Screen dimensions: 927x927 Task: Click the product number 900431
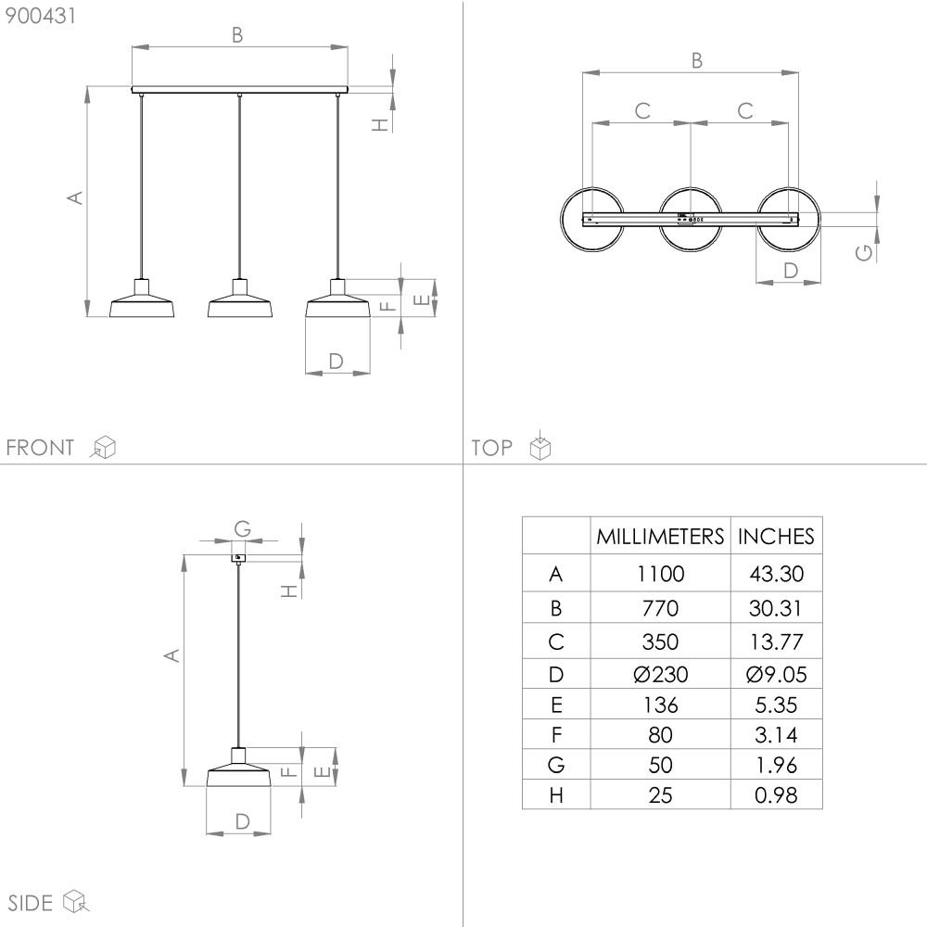point(40,16)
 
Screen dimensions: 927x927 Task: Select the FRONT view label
point(40,448)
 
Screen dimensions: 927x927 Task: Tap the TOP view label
point(491,448)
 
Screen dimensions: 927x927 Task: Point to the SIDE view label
point(31,903)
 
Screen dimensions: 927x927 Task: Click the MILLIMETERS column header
point(660,536)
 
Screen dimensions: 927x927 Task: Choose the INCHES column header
point(776,536)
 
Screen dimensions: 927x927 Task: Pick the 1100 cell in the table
point(660,574)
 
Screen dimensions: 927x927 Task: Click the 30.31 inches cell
point(776,608)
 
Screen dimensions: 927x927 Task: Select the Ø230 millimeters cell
point(660,674)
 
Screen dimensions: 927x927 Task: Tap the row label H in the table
point(555,795)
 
